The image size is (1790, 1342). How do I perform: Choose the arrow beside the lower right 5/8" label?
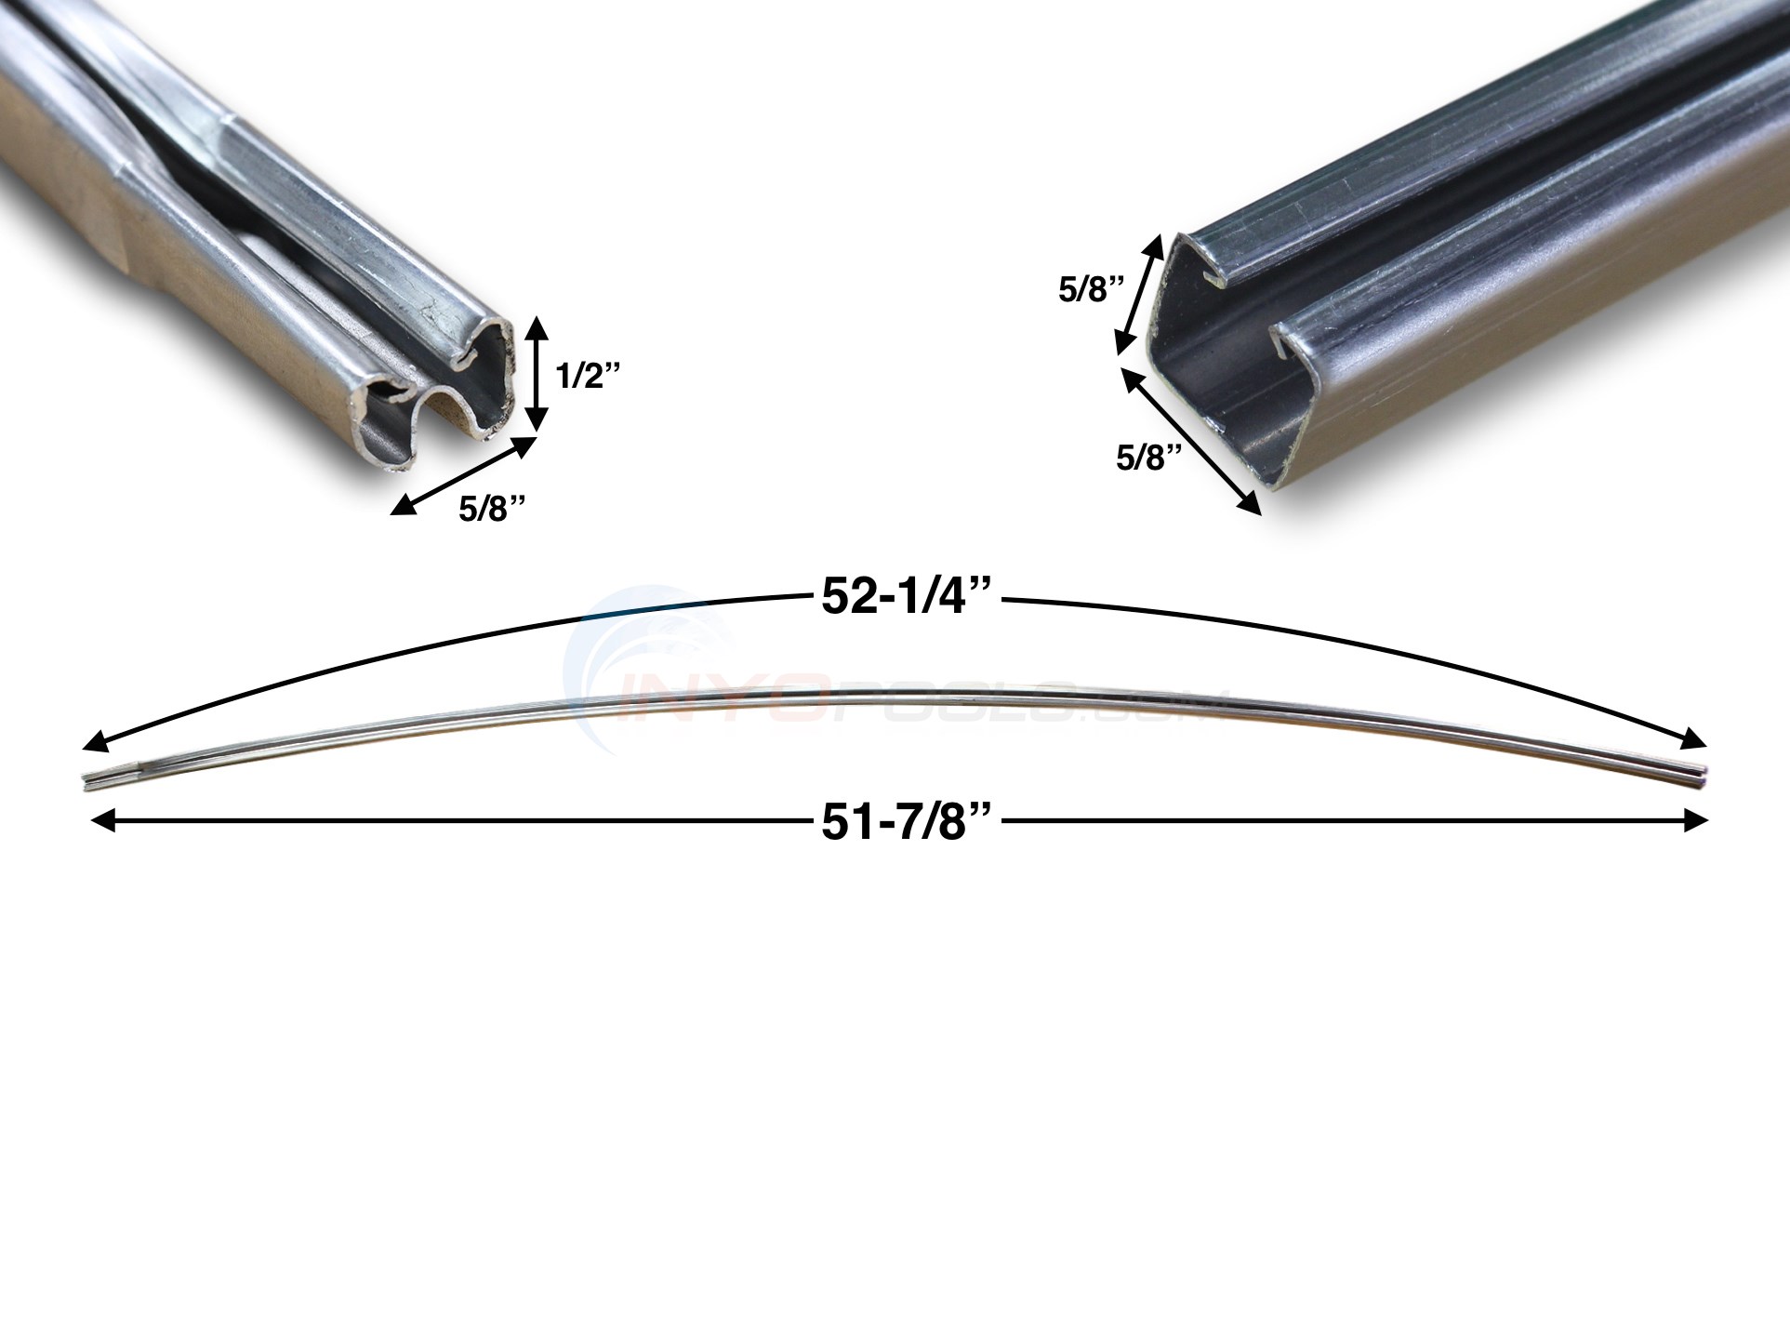point(1191,440)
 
